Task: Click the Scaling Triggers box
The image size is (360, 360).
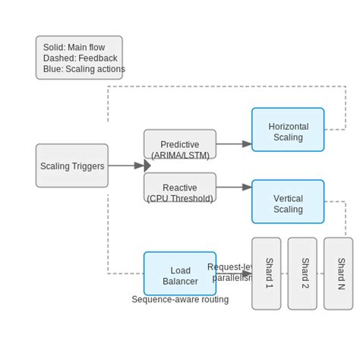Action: pos(71,166)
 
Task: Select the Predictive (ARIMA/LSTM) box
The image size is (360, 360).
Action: pos(180,144)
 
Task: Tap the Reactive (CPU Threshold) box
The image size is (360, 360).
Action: pos(180,187)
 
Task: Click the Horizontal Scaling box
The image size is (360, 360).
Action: pos(288,129)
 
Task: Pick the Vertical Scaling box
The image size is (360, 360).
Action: pos(288,202)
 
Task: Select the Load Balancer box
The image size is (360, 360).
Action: pos(180,273)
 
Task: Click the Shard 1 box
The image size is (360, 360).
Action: pos(267,273)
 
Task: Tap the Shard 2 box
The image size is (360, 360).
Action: pos(302,273)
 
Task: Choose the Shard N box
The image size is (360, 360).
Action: pos(339,273)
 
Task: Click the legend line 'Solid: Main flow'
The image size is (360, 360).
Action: pos(75,47)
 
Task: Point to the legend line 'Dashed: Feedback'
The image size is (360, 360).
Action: pos(80,58)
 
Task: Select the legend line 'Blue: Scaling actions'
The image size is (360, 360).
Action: pos(84,69)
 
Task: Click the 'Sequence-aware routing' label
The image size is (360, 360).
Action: pos(180,299)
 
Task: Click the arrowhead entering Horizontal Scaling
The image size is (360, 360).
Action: pos(247,144)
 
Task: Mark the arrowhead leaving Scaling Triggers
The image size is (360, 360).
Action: pos(147,166)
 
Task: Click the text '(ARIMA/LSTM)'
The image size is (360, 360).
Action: pos(180,155)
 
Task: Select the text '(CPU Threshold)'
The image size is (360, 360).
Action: pos(180,198)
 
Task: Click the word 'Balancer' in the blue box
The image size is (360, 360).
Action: pos(180,281)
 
